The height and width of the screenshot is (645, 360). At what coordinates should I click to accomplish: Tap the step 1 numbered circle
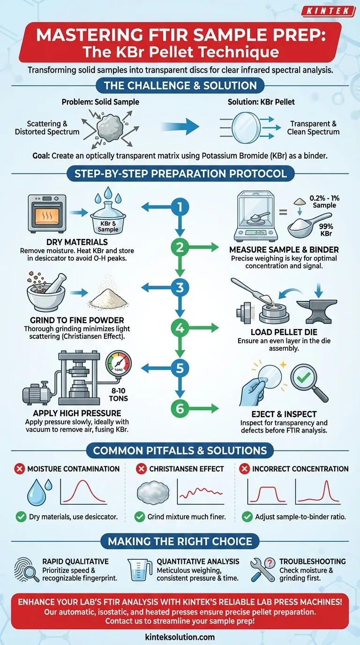coord(180,207)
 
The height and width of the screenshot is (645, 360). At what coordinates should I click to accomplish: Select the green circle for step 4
coord(180,328)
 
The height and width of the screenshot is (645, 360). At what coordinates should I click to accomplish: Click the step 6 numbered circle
coord(180,408)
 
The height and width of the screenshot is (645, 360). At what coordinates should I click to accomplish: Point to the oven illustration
coord(47,213)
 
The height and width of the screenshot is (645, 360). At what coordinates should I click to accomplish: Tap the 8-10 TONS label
coord(118,395)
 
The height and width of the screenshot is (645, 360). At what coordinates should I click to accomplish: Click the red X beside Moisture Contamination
coord(20,469)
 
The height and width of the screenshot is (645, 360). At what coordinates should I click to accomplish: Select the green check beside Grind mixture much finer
coord(140,517)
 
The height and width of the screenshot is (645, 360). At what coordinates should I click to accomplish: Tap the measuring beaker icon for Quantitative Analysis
coord(139,570)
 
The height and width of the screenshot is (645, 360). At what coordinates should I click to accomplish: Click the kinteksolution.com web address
coord(180,637)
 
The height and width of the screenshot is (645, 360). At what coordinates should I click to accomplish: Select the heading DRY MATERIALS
coord(77,242)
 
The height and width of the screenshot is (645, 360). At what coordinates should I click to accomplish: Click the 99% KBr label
coord(326,230)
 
